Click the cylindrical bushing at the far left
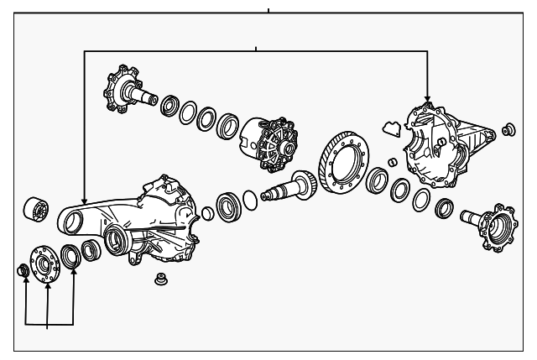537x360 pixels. pos(37,209)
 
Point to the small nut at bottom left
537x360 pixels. pos(25,269)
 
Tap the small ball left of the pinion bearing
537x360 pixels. pos(207,214)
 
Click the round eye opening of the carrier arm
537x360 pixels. pos(73,220)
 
